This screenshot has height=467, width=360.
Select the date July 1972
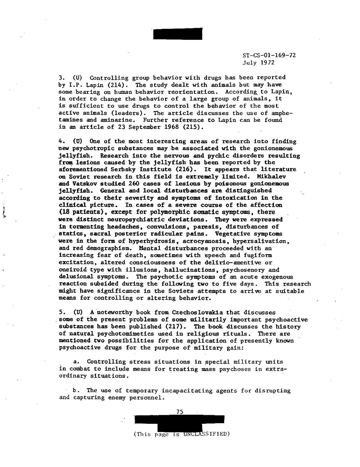pyautogui.click(x=259, y=62)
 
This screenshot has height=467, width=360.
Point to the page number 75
pyautogui.click(x=180, y=411)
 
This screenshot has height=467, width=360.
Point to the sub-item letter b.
pyautogui.click(x=76, y=391)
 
